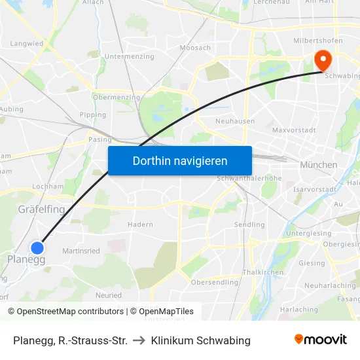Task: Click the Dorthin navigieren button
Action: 180,160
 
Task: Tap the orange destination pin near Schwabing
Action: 323,60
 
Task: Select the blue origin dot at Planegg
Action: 37,247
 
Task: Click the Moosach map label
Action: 195,48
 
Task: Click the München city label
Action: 318,165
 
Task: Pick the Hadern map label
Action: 141,225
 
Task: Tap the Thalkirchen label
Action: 262,272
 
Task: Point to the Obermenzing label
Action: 117,98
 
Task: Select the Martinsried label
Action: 81,251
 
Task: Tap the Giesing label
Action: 312,263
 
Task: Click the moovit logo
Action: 320,340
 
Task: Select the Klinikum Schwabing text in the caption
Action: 200,340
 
